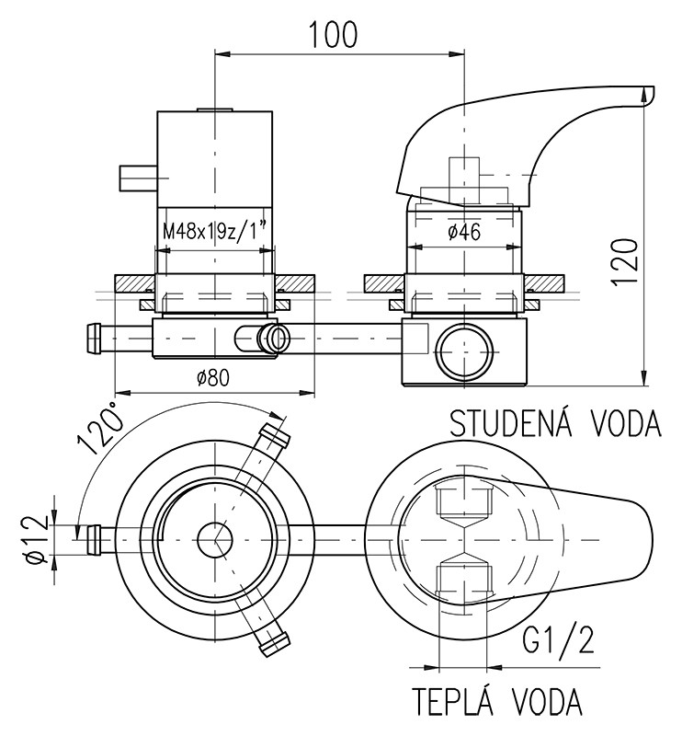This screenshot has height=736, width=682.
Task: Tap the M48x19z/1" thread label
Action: coord(217,231)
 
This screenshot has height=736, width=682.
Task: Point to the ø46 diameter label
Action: coord(465,232)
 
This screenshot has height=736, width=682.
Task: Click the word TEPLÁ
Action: coord(461,702)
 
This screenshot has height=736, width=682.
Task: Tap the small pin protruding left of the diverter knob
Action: coord(137,176)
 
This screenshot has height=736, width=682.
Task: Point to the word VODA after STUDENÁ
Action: coord(621,424)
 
